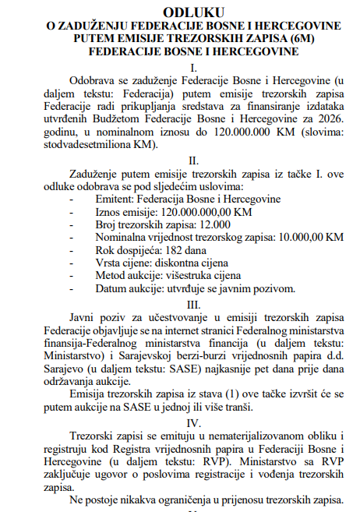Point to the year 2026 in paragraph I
[327, 119]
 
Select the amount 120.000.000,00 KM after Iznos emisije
[206, 211]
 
